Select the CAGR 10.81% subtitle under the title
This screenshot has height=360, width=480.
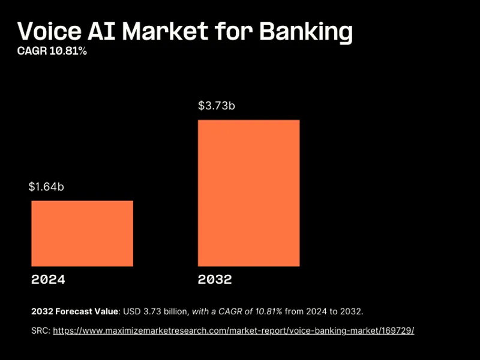[52, 52]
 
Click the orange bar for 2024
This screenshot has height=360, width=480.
[82, 233]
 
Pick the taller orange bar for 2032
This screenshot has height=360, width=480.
[248, 193]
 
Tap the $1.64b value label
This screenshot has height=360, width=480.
[46, 187]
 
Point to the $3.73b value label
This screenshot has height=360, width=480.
[216, 106]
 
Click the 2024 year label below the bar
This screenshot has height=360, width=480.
[48, 280]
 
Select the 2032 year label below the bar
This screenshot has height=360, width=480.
[215, 280]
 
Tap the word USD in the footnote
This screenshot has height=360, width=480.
[132, 311]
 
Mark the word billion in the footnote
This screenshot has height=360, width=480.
[175, 311]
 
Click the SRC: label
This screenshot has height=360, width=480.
[41, 331]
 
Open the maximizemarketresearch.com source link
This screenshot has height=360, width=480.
[233, 331]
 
